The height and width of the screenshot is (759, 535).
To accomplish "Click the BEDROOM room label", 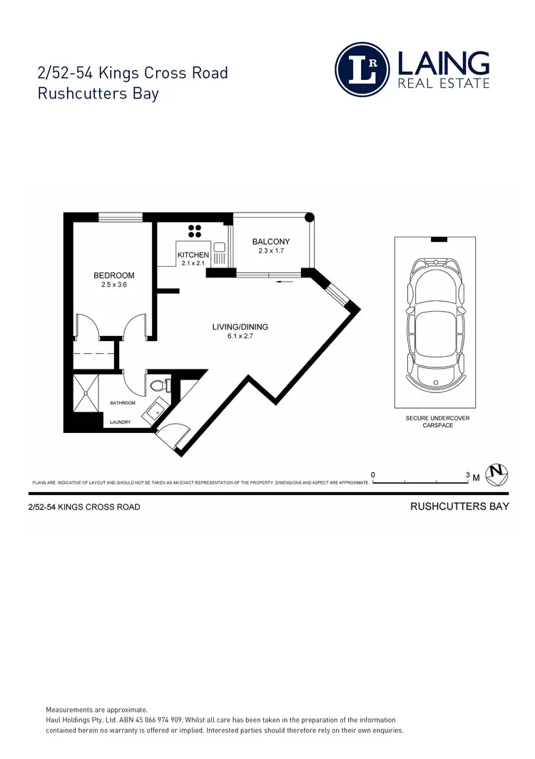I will coord(114,275).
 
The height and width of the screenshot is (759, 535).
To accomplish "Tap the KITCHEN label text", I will coord(193,255).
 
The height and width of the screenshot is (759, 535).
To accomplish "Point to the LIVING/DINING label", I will coord(240,327).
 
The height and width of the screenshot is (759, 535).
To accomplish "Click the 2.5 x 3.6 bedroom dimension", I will coord(114,285).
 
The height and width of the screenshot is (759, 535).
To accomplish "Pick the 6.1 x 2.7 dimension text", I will coord(240,337).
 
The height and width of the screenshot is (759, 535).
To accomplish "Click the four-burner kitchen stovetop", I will coord(194,230).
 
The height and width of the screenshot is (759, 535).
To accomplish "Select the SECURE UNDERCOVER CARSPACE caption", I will coord(437,422).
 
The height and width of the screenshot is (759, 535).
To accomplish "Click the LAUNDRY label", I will coord(121,422).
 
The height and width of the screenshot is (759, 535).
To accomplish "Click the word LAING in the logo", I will coord(444,63).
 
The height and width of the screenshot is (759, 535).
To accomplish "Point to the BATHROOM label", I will coord(123,404).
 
